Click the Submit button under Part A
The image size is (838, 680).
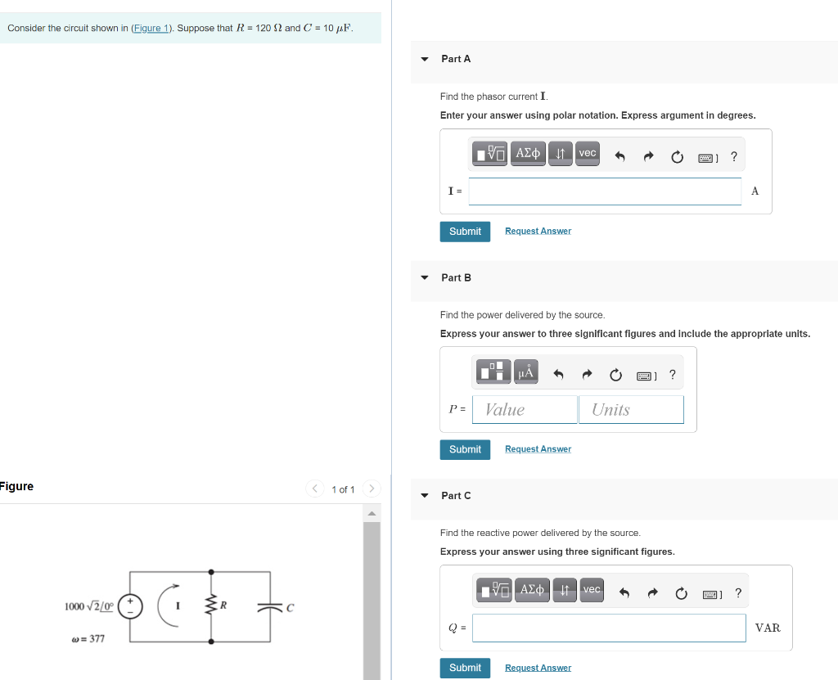point(465,232)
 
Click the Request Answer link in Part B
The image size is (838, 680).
point(538,449)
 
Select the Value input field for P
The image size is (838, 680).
point(525,410)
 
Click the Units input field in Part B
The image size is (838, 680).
point(631,410)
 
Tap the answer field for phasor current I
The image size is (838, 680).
point(605,191)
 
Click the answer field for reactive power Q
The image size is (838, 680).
point(609,628)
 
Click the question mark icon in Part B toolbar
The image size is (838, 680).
point(672,375)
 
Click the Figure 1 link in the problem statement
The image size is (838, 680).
point(151,28)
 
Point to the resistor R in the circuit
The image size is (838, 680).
point(212,606)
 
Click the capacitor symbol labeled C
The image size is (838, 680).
point(269,607)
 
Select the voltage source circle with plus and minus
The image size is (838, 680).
point(130,606)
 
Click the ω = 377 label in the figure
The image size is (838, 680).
point(88,638)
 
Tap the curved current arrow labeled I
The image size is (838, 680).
point(169,606)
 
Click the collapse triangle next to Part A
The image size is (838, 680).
point(424,59)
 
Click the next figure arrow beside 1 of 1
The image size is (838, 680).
point(371,489)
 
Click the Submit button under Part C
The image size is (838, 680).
point(465,668)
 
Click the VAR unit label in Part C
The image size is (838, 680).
point(768,628)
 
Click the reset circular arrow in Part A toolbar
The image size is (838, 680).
point(677,157)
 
